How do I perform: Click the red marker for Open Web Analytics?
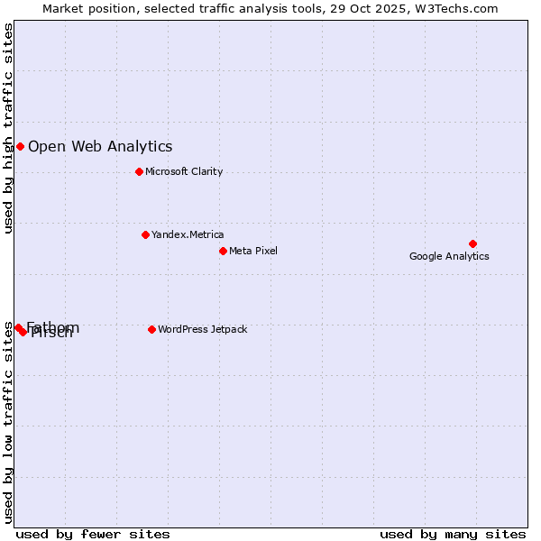click(x=20, y=146)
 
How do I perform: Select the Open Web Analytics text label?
click(x=100, y=146)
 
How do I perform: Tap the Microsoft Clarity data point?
click(x=139, y=171)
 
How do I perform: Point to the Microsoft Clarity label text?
click(x=184, y=171)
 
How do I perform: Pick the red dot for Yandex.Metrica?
click(x=145, y=234)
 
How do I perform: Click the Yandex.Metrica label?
click(x=188, y=234)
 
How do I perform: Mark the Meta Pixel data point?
click(x=223, y=251)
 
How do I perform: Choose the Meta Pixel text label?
click(x=253, y=251)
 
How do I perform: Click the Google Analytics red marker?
click(x=472, y=243)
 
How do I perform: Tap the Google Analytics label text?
click(x=449, y=256)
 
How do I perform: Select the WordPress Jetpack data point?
click(x=151, y=329)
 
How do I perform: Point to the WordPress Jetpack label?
click(x=202, y=329)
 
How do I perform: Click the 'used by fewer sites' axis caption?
click(x=93, y=534)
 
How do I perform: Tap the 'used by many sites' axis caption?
click(x=453, y=534)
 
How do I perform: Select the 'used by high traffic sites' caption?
click(x=9, y=128)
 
